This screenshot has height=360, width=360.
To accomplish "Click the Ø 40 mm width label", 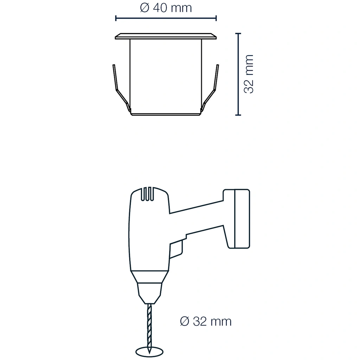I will tap(166, 8).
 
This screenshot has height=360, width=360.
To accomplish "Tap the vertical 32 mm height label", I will tap(249, 74).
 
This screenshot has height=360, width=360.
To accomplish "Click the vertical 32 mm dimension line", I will tap(239, 74).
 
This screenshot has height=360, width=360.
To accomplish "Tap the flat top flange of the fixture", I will tap(166, 36).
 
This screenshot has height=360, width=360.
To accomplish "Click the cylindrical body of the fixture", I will tap(166, 76).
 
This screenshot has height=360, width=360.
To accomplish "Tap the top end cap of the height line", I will tap(239, 33).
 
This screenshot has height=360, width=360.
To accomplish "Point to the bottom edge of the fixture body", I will tap(166, 114).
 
